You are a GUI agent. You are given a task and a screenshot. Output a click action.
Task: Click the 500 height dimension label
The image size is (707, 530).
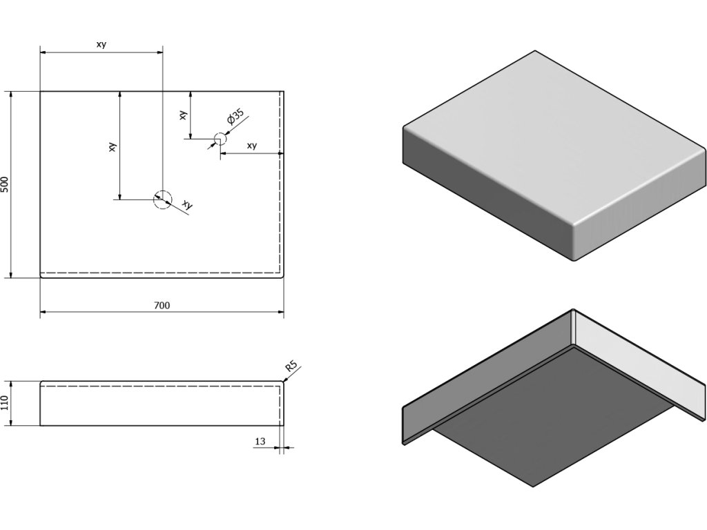point(6,184)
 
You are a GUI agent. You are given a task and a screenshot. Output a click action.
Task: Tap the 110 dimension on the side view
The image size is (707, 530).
point(6,403)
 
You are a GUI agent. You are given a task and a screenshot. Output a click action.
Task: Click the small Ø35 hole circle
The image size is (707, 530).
point(218,139)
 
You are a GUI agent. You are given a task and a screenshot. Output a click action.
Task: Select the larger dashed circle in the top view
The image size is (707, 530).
point(162,199)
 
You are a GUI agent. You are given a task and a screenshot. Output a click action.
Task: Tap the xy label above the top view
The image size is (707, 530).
point(101,45)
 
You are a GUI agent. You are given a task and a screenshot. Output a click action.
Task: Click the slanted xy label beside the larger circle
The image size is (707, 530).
point(186,204)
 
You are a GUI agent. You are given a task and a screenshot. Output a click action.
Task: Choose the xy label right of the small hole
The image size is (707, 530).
point(251,146)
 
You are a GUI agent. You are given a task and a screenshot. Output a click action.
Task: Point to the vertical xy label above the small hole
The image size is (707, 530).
point(182,115)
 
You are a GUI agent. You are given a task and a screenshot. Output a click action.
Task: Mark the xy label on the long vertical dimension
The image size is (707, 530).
point(112,146)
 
